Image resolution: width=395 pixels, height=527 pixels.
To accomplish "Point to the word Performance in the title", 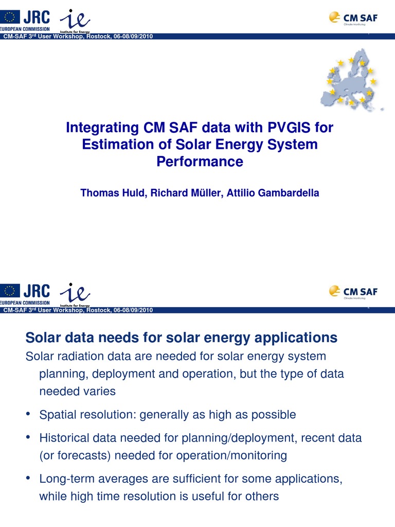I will coord(199,162).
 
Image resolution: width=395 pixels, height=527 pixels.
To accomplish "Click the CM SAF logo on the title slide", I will coord(353,17).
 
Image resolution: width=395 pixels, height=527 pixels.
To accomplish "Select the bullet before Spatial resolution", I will coord(29,414).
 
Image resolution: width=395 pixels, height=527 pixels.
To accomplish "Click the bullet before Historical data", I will coord(29,437).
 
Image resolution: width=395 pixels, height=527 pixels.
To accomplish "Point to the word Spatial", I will coord(57,414).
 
